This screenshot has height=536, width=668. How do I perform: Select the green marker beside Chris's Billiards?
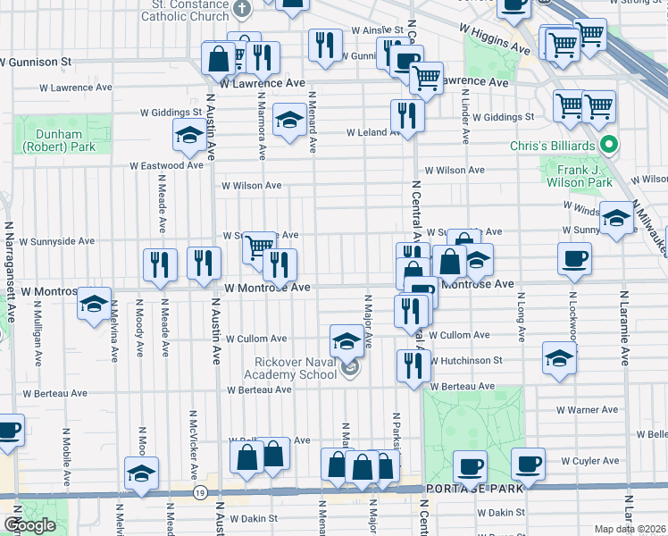pos(610,143)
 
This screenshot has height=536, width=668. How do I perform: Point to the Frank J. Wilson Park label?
pos(577,176)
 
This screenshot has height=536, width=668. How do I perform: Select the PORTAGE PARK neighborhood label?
pos(466,489)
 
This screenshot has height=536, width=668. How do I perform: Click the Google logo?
pos(29,525)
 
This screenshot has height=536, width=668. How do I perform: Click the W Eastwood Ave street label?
pos(166,165)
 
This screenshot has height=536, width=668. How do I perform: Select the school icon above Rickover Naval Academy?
pos(347,340)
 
